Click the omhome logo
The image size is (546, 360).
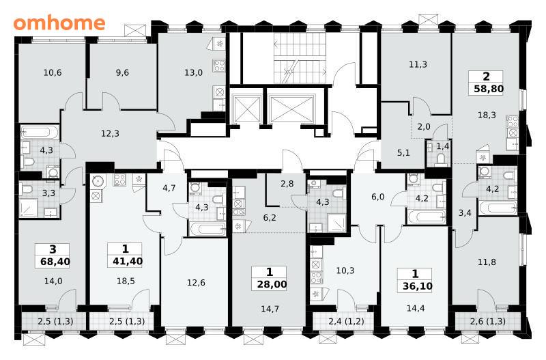click(x=59, y=23)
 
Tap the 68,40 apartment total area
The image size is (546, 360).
click(x=55, y=262)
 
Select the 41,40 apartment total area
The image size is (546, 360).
click(x=128, y=261)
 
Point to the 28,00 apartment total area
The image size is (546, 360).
click(x=272, y=284)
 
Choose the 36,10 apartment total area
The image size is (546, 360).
click(x=417, y=286)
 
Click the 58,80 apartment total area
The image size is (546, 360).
click(x=489, y=89)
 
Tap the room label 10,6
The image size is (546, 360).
click(x=53, y=72)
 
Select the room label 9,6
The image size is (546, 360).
click(x=122, y=72)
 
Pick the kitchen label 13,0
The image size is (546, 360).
click(x=193, y=72)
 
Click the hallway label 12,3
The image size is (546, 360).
click(x=110, y=133)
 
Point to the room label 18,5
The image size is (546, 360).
click(x=126, y=281)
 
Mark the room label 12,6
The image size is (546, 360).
click(x=196, y=283)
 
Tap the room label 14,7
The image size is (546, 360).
click(x=270, y=309)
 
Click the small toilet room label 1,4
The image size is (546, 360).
click(x=442, y=146)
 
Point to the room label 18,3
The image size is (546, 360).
click(x=487, y=115)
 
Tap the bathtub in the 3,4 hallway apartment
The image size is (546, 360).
click(x=498, y=208)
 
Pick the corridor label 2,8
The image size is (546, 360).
click(x=287, y=183)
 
